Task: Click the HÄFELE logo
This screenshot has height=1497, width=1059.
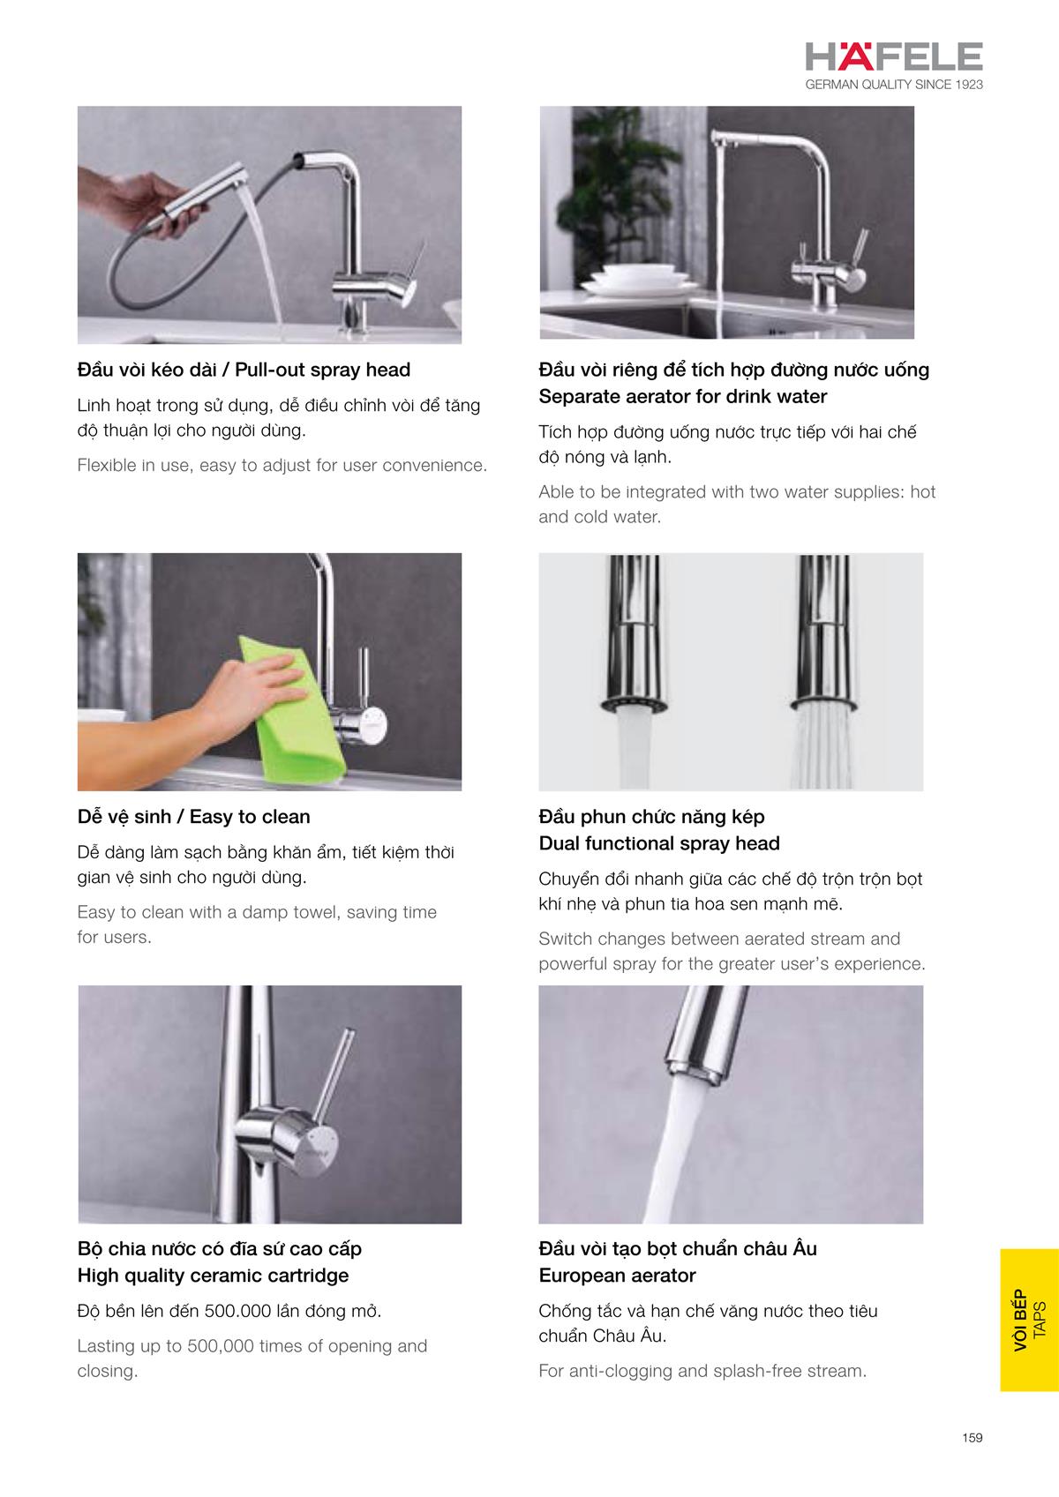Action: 893,57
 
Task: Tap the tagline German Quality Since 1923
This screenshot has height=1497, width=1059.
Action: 893,85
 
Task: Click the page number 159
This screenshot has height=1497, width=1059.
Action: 972,1437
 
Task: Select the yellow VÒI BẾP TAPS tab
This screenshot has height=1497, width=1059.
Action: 1029,1320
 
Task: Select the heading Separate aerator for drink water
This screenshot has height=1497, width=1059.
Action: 682,396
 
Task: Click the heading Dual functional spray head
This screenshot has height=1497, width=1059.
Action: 659,843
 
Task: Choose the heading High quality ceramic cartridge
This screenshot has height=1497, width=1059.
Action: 213,1276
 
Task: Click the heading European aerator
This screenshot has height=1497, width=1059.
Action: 617,1276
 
